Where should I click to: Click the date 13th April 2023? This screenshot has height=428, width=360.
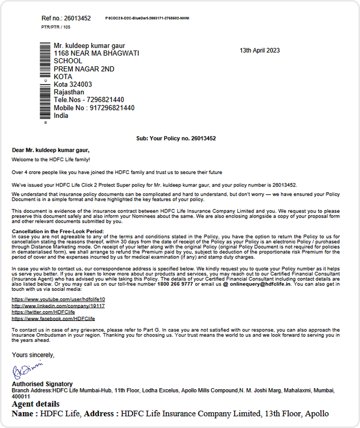260,50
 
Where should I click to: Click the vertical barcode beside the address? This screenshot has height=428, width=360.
45,82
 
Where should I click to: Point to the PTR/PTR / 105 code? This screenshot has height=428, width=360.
56,27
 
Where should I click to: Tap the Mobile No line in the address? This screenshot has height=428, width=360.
94,108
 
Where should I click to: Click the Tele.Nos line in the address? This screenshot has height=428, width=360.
89,100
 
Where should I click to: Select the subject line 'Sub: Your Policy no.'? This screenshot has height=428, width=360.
175,139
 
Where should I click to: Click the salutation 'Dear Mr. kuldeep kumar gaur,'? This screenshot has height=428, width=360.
50,150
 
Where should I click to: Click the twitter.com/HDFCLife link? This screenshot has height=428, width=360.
43,312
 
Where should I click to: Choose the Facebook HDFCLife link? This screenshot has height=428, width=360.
53,318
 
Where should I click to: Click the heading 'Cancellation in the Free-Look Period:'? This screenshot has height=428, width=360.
57,232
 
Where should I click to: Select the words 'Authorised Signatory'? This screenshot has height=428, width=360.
42,384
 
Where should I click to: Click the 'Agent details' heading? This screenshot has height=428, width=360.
39,404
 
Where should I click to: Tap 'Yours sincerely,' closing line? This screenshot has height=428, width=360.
33,355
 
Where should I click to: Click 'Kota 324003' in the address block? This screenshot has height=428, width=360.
73,85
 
